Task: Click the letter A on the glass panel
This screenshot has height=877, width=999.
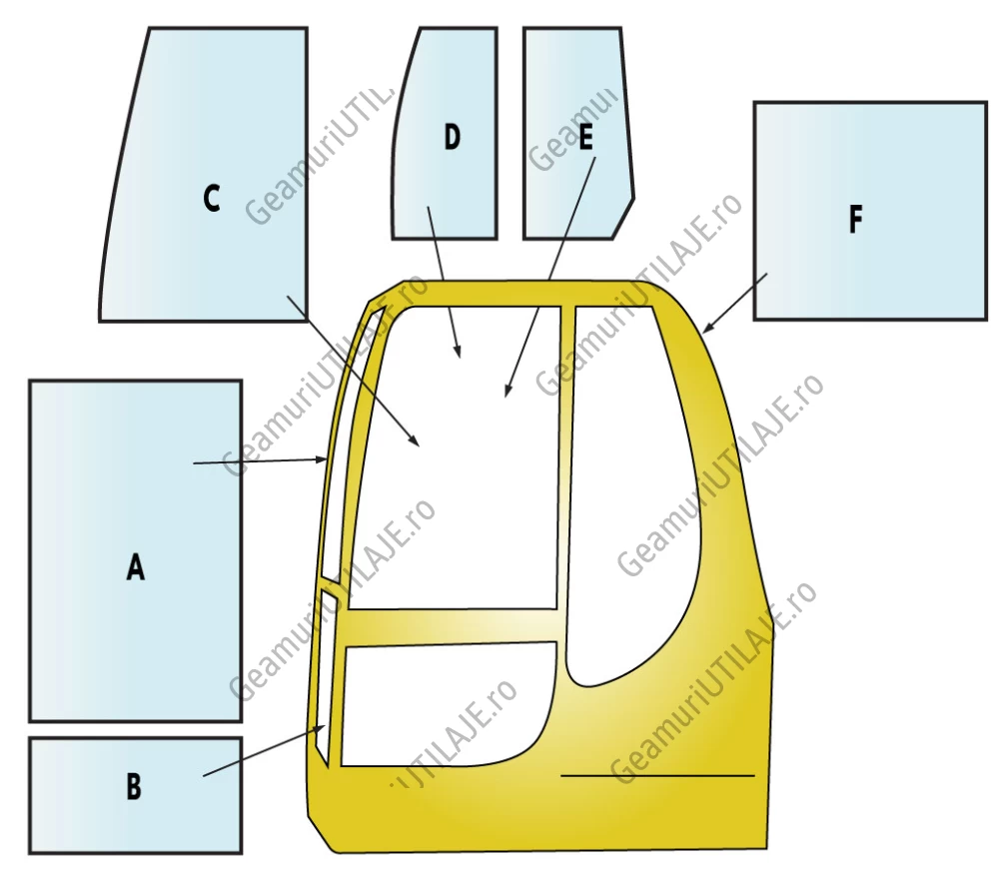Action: click(135, 566)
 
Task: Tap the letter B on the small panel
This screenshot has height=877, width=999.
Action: click(134, 786)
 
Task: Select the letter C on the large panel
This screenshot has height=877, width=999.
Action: click(212, 198)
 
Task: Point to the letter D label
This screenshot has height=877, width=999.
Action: click(452, 137)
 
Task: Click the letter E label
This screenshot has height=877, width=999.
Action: click(585, 136)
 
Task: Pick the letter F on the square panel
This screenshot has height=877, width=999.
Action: click(856, 219)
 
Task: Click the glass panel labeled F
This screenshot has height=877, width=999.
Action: click(870, 210)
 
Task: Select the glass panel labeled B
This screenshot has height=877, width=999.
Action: click(136, 795)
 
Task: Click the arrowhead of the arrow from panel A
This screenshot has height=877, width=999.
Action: click(322, 459)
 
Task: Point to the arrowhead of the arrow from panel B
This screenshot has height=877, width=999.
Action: click(320, 728)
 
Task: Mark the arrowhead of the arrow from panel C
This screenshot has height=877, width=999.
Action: click(415, 441)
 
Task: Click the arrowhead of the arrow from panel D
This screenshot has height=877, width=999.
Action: click(459, 352)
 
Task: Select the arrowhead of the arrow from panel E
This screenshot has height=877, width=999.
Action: click(507, 390)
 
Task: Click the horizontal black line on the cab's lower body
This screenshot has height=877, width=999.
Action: click(657, 776)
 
